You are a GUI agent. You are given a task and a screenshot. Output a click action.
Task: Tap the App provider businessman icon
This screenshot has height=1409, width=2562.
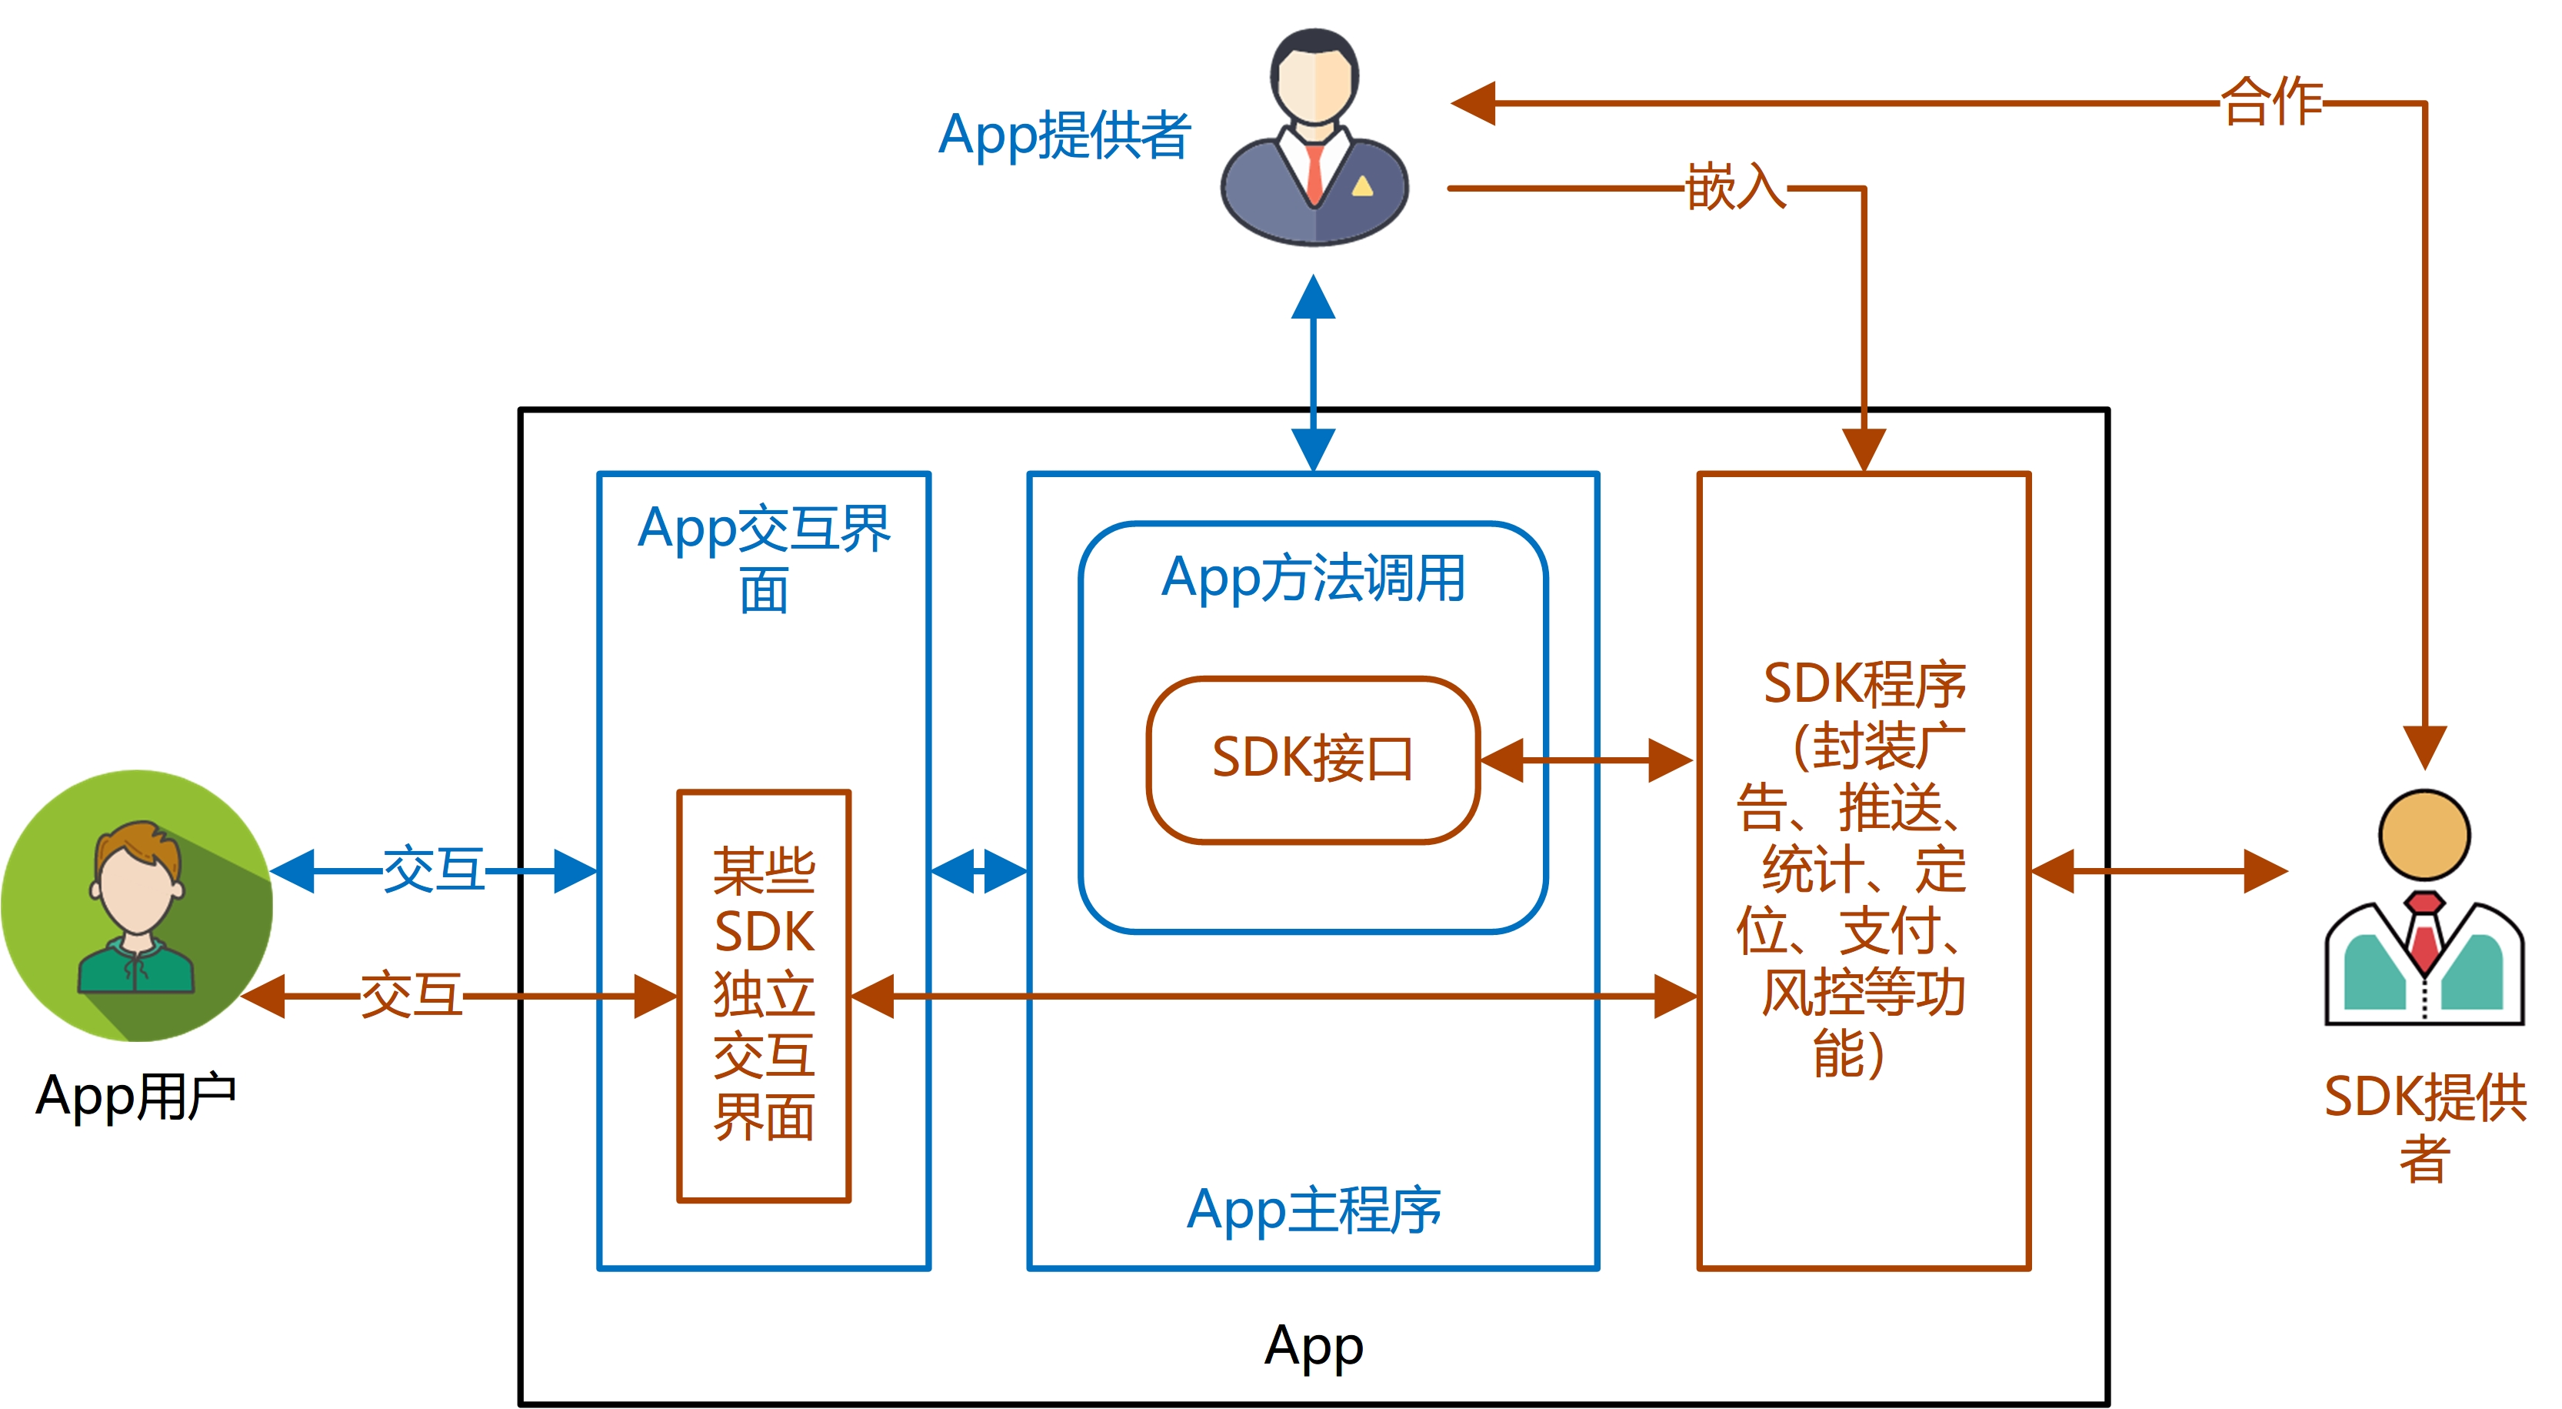(x=1314, y=136)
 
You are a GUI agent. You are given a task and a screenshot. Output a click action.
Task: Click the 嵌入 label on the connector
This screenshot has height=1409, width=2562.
(x=1735, y=187)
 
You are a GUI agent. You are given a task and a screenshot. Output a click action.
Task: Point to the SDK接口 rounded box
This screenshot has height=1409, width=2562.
(x=1313, y=760)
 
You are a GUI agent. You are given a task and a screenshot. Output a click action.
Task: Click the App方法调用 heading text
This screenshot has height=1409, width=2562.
(x=1313, y=578)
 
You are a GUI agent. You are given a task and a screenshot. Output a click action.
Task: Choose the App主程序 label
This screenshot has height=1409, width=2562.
(x=1313, y=1210)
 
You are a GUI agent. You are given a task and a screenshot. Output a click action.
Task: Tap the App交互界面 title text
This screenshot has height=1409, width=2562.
(x=764, y=558)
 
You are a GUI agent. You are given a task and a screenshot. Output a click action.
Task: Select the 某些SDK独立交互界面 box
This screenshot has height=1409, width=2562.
(x=764, y=996)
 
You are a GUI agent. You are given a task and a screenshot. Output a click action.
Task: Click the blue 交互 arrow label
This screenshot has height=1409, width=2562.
(x=434, y=870)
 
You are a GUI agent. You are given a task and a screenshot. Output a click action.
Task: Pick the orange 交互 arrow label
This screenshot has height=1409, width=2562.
(x=411, y=995)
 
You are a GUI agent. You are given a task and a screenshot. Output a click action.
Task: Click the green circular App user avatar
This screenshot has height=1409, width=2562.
(x=137, y=906)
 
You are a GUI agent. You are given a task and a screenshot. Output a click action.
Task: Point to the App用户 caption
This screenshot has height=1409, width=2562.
(x=135, y=1097)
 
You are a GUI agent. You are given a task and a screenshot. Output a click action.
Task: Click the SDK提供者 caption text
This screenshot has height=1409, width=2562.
(x=2425, y=1127)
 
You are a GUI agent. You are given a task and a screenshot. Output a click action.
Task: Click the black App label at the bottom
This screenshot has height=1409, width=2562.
(x=1313, y=1347)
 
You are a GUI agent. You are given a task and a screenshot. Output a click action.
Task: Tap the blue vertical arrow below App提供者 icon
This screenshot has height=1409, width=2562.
(x=1313, y=373)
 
